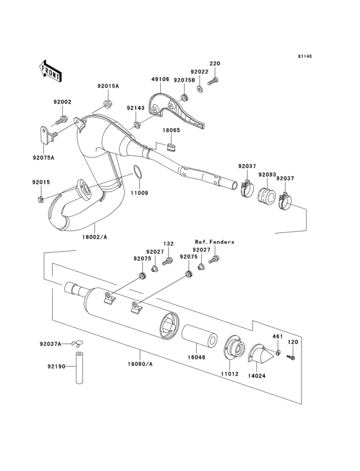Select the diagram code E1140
coord(304,57)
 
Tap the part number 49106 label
coord(161,80)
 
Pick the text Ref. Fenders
coord(214,242)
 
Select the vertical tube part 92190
coord(80,369)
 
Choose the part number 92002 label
coord(62,102)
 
